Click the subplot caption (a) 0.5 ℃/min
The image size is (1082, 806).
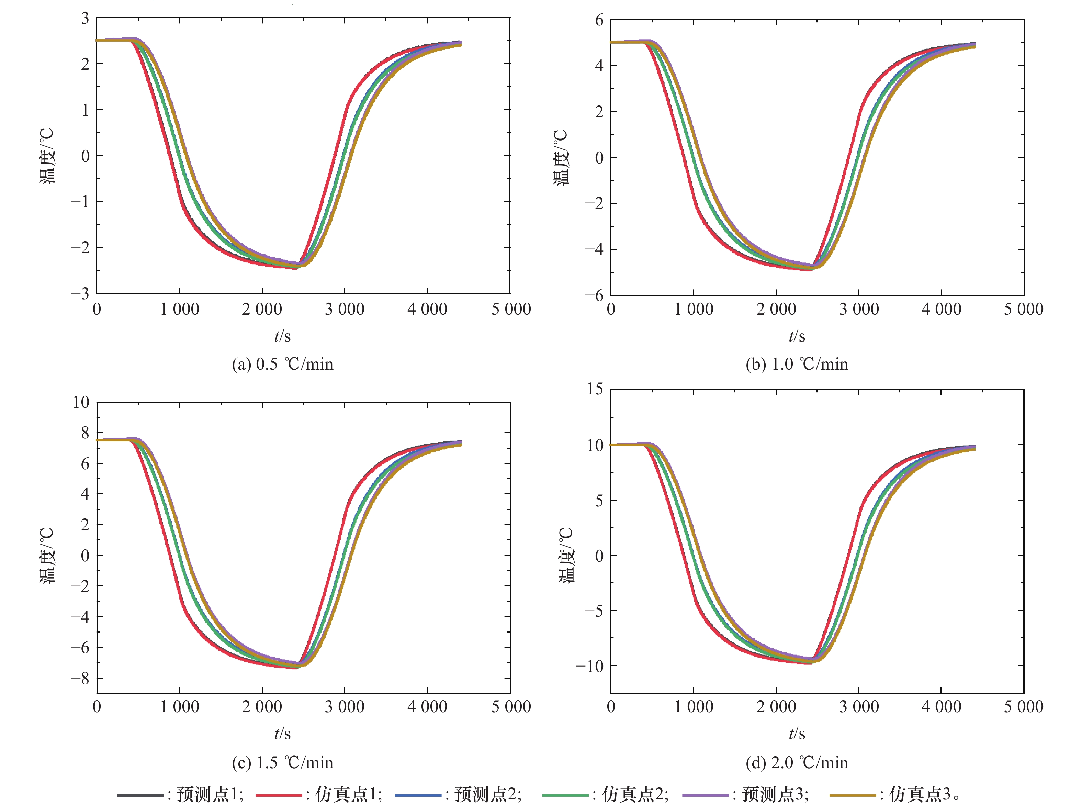click(282, 365)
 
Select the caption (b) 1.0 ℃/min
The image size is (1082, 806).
click(797, 365)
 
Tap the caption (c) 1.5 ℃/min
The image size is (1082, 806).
click(282, 763)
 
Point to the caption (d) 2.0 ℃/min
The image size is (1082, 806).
click(797, 763)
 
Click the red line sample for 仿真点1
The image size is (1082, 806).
click(279, 795)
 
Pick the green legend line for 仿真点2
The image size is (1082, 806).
click(565, 795)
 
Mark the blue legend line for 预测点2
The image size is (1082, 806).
click(418, 795)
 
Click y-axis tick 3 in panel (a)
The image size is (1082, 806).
click(86, 19)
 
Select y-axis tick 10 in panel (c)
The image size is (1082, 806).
click(81, 403)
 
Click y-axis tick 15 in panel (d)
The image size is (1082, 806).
click(595, 389)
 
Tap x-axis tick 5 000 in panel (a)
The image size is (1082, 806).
click(511, 309)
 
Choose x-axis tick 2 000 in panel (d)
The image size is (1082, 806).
click(776, 707)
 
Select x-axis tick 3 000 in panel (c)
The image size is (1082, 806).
click(345, 707)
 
